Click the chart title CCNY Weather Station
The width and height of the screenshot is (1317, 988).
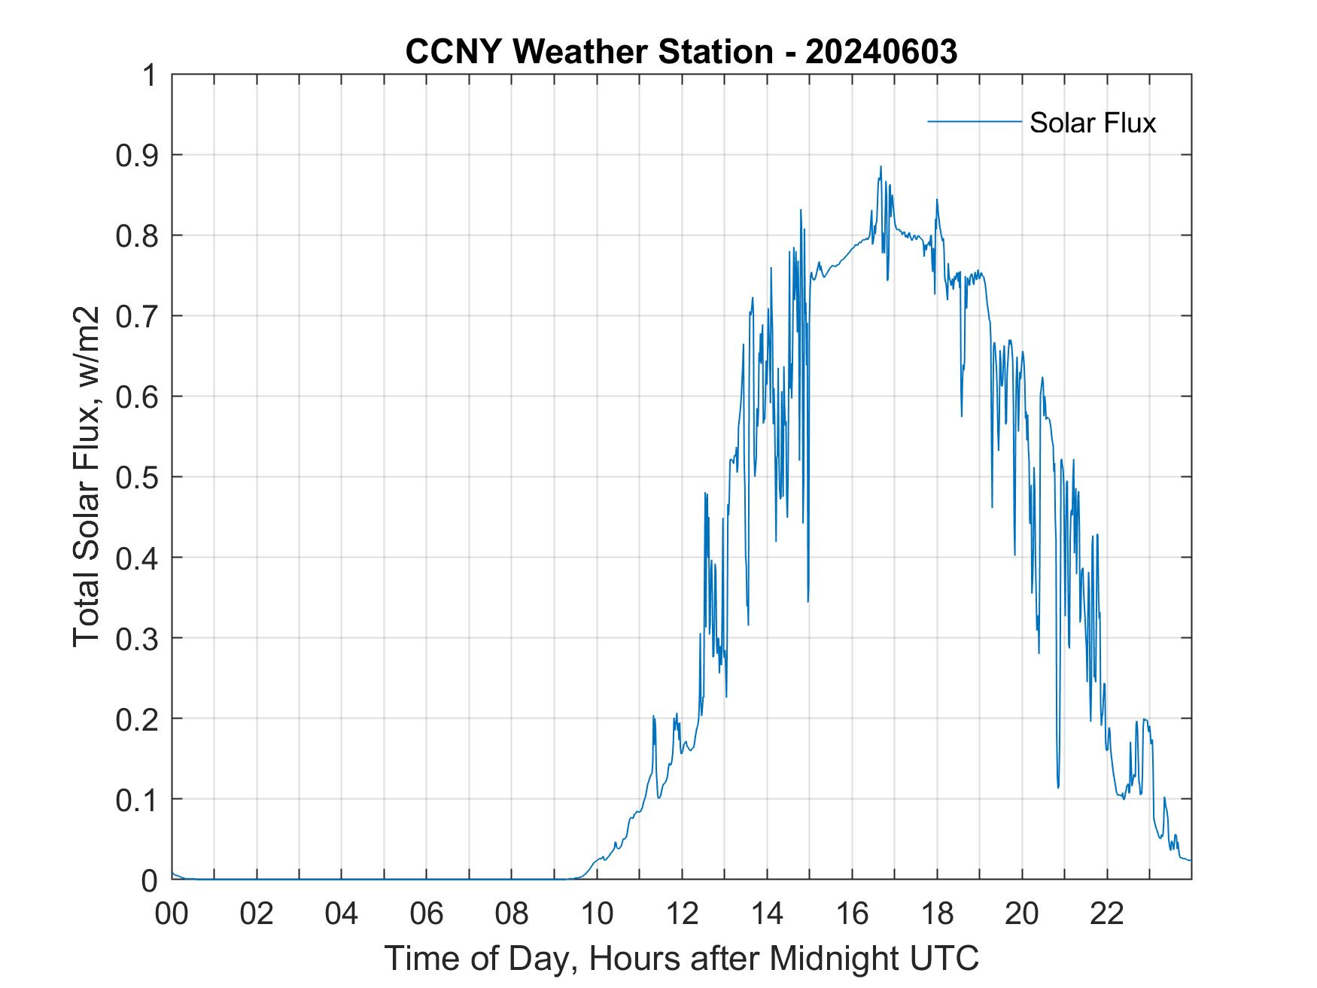click(x=589, y=51)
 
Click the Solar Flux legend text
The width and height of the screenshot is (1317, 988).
click(x=1092, y=123)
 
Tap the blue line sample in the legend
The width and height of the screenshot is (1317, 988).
click(x=974, y=121)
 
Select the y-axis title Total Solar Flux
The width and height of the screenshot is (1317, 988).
click(x=87, y=476)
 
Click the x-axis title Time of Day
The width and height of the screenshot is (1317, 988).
click(x=681, y=958)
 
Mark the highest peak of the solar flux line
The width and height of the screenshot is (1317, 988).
click(x=880, y=167)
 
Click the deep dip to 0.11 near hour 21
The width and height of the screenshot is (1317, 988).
click(x=1058, y=787)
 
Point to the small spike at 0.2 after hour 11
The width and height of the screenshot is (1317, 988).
click(x=654, y=716)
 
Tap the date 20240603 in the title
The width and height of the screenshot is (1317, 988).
click(x=881, y=51)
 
